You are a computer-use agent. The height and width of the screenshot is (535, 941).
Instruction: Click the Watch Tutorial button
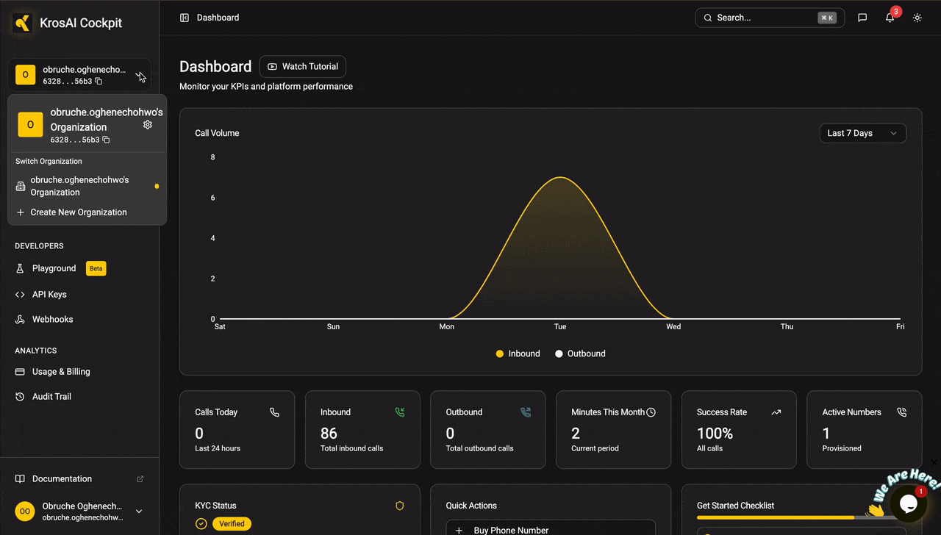coord(302,66)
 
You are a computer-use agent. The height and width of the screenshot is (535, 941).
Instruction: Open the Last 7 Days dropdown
coord(862,133)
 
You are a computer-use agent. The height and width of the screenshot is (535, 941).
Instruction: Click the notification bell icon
coord(890,18)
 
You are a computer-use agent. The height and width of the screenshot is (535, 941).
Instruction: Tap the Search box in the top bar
coord(770,18)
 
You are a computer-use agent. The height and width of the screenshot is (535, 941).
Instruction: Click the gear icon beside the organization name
coord(148,125)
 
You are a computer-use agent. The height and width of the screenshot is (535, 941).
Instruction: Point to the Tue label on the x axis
coord(560,327)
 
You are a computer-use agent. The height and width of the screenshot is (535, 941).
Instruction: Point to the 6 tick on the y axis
coord(212,198)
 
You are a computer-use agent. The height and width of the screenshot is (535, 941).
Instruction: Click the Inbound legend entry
coord(518,353)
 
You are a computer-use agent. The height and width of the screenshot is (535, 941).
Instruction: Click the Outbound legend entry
coord(580,353)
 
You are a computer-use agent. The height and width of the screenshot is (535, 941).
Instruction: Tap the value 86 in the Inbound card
coord(329,433)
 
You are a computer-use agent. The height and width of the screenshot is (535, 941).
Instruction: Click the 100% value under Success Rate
coord(715,433)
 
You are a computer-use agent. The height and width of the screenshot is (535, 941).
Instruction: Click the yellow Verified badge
coord(232,524)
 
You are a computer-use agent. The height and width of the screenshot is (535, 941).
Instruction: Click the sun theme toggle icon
coord(917,18)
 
